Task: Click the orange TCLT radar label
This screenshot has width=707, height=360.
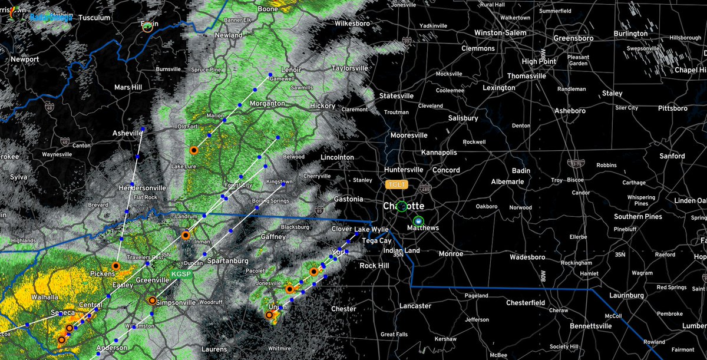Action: coord(397,184)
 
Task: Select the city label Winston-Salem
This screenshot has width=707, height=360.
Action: coord(500,33)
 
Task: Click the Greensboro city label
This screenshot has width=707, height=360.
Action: coord(576,38)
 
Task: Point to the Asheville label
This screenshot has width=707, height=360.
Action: coord(128,134)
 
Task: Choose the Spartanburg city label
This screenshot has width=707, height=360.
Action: coord(227,260)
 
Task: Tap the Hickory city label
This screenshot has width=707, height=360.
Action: coord(322,106)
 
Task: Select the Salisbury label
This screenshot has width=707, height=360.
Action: coord(462,118)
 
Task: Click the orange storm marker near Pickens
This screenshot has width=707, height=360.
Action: coord(116,266)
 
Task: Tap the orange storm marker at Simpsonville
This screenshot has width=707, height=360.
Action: coord(152,300)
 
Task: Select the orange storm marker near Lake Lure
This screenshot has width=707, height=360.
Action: coord(193,150)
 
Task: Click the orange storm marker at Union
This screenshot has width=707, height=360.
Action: coord(269,315)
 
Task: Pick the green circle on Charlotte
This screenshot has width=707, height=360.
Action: coord(402,206)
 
